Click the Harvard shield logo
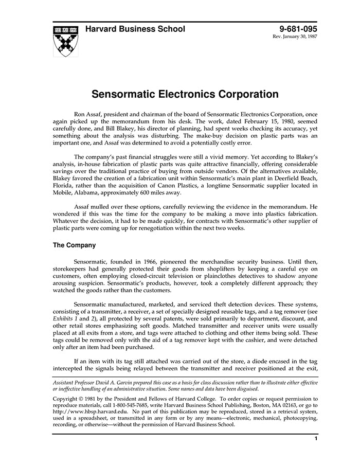pyautogui.click(x=66, y=40)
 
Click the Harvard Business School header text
pyautogui.click(x=135, y=29)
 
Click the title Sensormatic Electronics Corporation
pyautogui.click(x=185, y=95)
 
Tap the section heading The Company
pyautogui.click(x=74, y=245)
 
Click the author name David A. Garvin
pyautogui.click(x=113, y=382)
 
